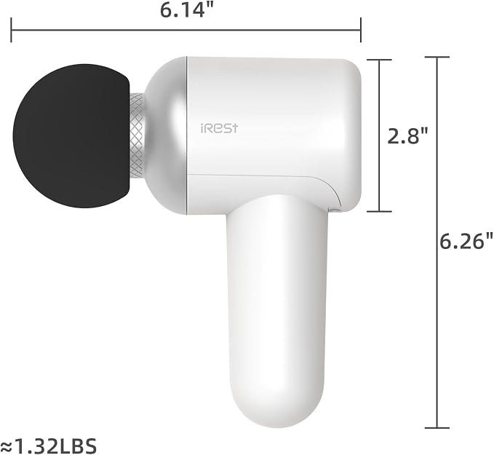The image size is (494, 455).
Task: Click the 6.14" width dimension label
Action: [x=187, y=10]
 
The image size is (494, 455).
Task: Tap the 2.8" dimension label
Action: [x=407, y=136]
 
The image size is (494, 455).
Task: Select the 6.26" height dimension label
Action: [x=466, y=242]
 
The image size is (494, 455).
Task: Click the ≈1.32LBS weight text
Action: [x=49, y=446]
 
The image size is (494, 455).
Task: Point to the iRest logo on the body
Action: [x=219, y=129]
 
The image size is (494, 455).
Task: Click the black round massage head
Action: [x=71, y=136]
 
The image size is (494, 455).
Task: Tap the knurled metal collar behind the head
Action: [x=138, y=136]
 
